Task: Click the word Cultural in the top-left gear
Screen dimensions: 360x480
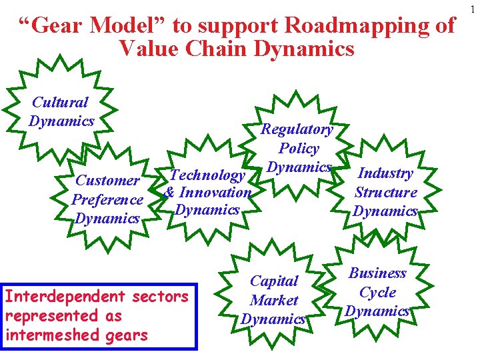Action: pos(61,103)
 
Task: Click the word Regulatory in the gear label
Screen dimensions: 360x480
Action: pos(297,129)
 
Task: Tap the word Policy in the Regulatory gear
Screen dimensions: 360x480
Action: pos(299,149)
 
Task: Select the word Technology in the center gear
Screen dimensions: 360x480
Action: pos(207,175)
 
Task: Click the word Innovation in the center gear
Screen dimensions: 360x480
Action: pos(214,192)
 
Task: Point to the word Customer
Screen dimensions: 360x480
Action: pos(107,180)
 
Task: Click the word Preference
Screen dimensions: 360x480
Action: pos(107,199)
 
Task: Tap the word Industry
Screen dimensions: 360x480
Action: pos(386,173)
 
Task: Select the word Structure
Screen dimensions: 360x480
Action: pos(386,193)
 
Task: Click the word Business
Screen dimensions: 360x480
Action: pos(378,273)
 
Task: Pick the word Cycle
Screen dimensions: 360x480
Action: pos(378,292)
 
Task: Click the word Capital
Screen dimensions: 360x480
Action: pos(274,281)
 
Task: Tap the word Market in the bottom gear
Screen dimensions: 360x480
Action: pos(274,301)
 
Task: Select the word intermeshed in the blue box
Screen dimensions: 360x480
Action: pos(53,335)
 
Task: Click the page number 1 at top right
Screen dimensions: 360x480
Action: pos(474,9)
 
